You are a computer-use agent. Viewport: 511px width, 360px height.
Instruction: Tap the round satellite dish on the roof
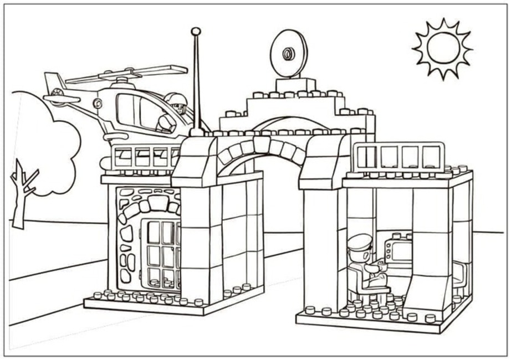coord(288,54)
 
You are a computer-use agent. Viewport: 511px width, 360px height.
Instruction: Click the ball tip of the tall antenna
coord(195,31)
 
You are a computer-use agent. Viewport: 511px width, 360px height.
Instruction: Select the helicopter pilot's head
coord(178,102)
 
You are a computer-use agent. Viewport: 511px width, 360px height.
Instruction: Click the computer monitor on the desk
coord(400,250)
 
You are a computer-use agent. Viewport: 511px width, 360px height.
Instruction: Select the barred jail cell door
coord(161,253)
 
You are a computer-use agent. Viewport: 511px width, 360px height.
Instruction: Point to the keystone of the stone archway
coord(261,145)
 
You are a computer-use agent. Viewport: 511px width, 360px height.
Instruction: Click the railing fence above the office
coord(398,157)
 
